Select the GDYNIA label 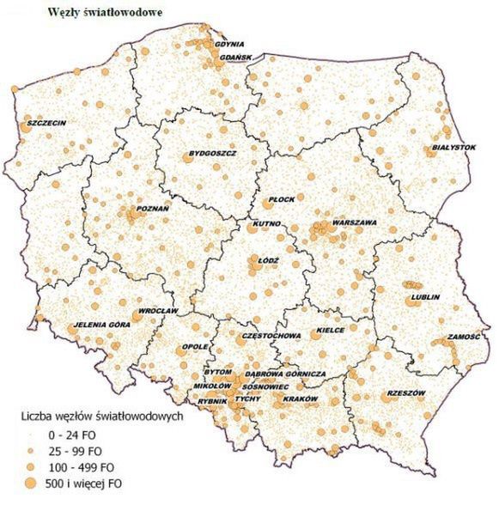coord(229,44)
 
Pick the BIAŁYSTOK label coord(451,148)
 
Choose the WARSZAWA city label coord(354,222)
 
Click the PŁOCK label coord(282,199)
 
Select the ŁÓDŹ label coord(268,259)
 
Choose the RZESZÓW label coord(406,392)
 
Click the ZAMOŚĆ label coord(463,338)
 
